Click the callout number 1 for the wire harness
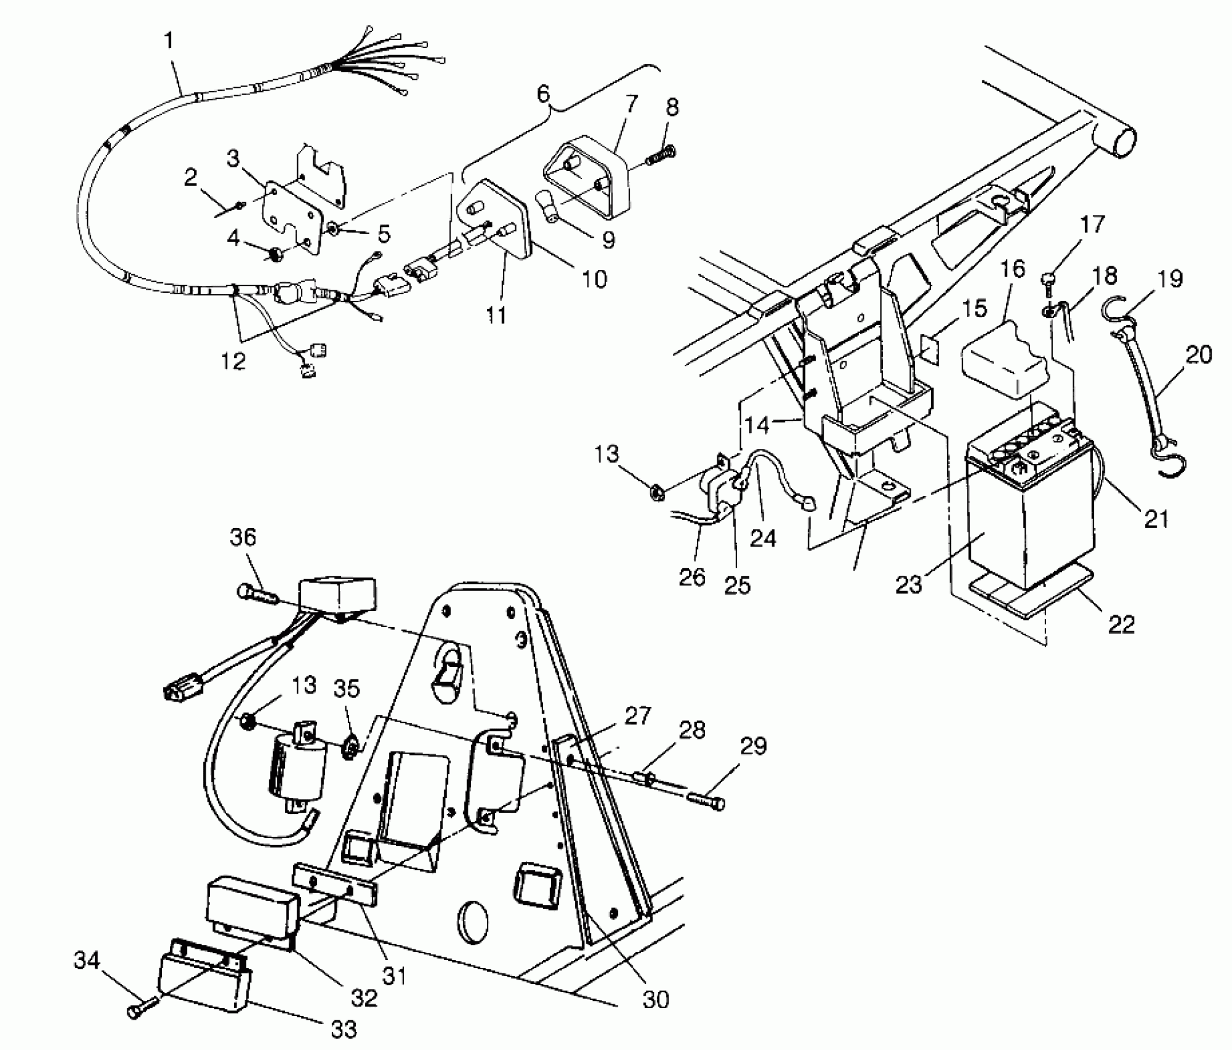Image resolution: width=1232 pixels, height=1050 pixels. [168, 42]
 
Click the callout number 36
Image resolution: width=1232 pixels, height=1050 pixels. [243, 537]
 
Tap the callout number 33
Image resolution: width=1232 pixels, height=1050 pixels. [344, 1028]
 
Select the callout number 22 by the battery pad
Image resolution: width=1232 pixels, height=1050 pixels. [1121, 624]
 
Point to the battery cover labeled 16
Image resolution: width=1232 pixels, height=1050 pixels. [1004, 358]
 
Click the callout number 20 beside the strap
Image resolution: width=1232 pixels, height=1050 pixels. [1199, 355]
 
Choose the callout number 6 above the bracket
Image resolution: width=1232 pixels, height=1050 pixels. [543, 94]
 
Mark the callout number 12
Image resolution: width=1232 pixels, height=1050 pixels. [233, 360]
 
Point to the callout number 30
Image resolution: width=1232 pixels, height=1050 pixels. [656, 999]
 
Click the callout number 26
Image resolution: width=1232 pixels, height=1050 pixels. [691, 577]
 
